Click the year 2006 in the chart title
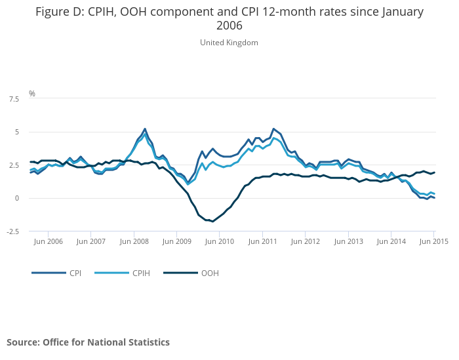[229, 26]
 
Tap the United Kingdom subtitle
[229, 43]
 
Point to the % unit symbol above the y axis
[31, 94]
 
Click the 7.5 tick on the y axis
[14, 99]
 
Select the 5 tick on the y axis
[17, 132]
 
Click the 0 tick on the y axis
[17, 198]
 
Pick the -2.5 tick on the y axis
[13, 231]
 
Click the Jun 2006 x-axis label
[47, 241]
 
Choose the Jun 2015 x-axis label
[433, 241]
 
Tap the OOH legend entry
[210, 273]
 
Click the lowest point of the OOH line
[212, 221]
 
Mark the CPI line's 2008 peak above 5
[145, 129]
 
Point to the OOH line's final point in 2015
[434, 172]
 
